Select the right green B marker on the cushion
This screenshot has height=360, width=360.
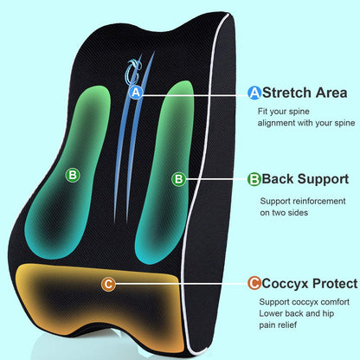[178, 179]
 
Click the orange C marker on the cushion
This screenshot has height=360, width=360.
[107, 283]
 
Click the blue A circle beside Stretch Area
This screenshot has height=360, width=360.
[254, 92]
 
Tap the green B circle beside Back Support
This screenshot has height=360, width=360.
[254, 180]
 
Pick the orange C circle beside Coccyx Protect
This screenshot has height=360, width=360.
[254, 283]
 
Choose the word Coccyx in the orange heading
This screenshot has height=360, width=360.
[285, 283]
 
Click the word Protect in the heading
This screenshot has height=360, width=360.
[334, 283]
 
